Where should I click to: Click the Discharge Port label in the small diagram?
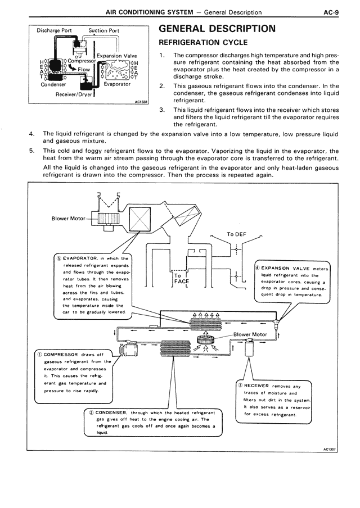point(54,30)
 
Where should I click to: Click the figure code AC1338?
point(141,102)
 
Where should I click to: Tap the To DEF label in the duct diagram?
point(238,234)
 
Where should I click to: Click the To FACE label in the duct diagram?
point(181,279)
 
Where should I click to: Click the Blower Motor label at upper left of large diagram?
point(69,219)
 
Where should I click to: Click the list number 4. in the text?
point(31,134)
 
